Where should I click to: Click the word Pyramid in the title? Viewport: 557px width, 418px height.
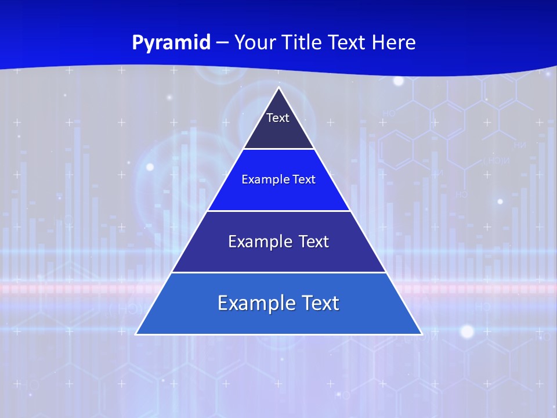(171, 43)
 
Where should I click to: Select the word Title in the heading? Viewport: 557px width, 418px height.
(305, 42)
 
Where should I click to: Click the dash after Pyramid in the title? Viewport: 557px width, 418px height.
(222, 43)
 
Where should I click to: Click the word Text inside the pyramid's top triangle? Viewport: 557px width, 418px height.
(278, 118)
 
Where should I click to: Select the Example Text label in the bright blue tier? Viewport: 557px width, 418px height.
(278, 179)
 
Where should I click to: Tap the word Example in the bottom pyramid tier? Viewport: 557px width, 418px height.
(254, 303)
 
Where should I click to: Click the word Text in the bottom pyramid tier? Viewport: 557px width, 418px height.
(319, 303)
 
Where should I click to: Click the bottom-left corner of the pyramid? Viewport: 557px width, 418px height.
(136, 334)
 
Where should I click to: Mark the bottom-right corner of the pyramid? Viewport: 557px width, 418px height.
(421, 334)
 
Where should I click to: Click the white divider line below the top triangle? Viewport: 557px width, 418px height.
(278, 149)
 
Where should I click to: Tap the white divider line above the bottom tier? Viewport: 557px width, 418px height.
(278, 272)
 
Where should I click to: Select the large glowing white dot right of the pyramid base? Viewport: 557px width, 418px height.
(467, 331)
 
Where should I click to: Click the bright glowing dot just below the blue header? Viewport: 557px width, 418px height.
(399, 81)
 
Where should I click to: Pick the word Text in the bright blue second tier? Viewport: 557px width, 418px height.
(304, 179)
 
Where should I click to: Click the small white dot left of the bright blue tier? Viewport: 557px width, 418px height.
(150, 167)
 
